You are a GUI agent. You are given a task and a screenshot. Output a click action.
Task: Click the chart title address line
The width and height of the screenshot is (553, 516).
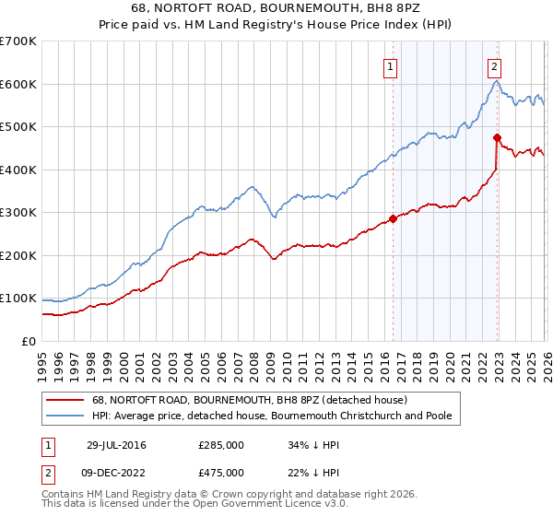click(276, 7)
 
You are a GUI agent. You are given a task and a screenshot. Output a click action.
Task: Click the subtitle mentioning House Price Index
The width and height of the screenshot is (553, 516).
click(276, 24)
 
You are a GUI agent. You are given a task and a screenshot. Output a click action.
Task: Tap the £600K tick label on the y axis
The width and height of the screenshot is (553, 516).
click(18, 84)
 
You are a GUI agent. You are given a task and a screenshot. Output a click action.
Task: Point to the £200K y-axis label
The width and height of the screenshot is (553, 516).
click(18, 255)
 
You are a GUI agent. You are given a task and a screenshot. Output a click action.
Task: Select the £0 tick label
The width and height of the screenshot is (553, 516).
click(29, 341)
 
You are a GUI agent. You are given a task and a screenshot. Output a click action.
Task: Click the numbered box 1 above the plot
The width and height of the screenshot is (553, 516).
click(391, 66)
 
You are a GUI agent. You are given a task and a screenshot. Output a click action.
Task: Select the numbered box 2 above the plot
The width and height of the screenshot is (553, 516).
click(495, 66)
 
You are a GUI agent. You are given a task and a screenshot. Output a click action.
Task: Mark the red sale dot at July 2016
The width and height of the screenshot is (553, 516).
click(393, 219)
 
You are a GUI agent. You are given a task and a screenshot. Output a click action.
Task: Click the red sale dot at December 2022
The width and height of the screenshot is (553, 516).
click(497, 137)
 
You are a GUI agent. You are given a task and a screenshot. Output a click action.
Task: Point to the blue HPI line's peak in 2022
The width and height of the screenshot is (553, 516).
click(495, 81)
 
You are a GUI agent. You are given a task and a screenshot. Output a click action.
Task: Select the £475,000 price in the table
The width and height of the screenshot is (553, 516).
click(221, 472)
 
